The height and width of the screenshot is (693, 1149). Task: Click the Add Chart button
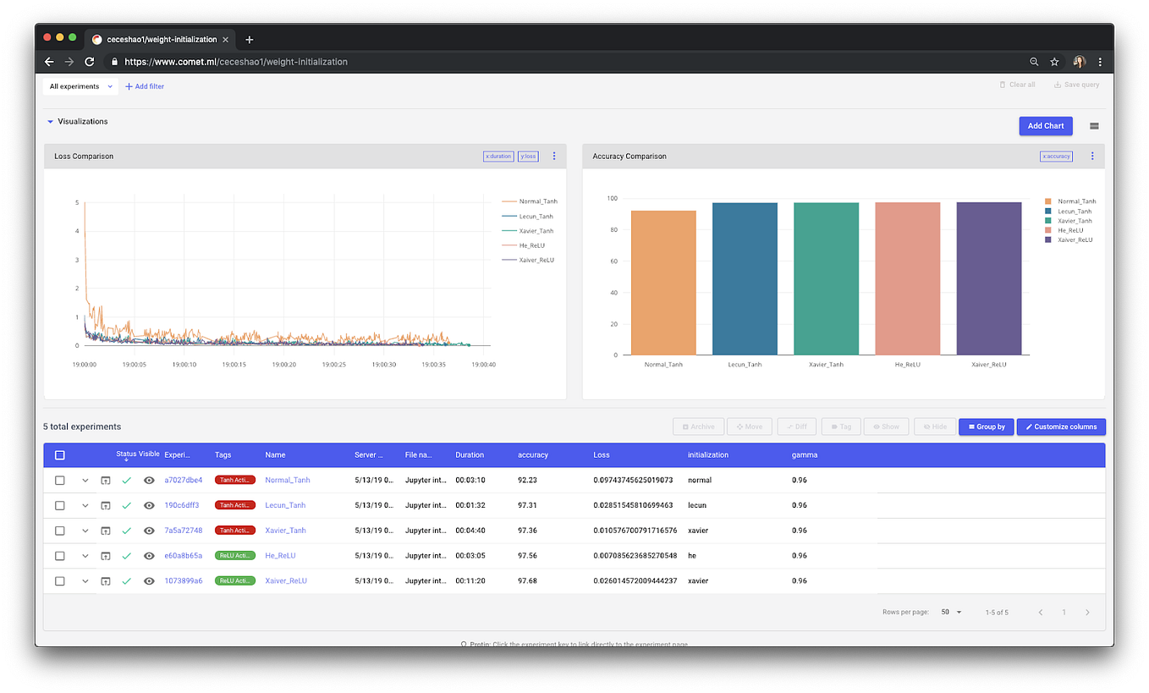tap(1045, 126)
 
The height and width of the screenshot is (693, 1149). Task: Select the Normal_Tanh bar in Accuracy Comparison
tap(663, 283)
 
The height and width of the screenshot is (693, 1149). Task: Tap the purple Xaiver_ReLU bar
tap(989, 278)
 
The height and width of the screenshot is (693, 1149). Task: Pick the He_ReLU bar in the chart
tap(907, 278)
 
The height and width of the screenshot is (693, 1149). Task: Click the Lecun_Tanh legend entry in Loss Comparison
tap(536, 217)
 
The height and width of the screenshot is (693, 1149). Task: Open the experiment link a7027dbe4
tap(183, 480)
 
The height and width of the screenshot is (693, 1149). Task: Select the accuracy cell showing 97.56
tap(528, 556)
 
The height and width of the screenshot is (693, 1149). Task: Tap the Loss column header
tap(602, 455)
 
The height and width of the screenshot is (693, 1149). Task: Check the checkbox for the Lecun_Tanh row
tap(59, 505)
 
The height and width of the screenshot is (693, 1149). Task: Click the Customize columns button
tap(1061, 426)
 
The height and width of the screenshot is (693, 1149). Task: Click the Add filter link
tap(145, 86)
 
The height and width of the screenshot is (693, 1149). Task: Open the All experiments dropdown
tap(80, 86)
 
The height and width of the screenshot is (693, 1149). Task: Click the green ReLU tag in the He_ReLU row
tap(234, 556)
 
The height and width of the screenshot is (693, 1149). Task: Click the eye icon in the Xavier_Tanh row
tap(149, 531)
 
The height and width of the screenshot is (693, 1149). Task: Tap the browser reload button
tap(89, 62)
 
